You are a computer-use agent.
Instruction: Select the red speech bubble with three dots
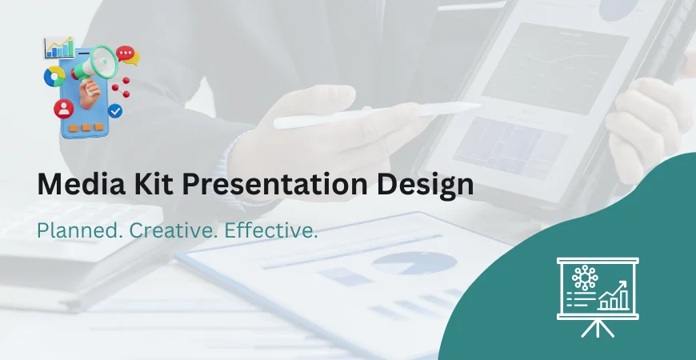(x=126, y=54)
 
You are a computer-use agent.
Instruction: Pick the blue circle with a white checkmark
(x=115, y=110)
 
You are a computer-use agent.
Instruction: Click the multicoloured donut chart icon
(x=55, y=76)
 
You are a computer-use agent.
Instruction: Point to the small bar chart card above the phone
(x=59, y=48)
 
